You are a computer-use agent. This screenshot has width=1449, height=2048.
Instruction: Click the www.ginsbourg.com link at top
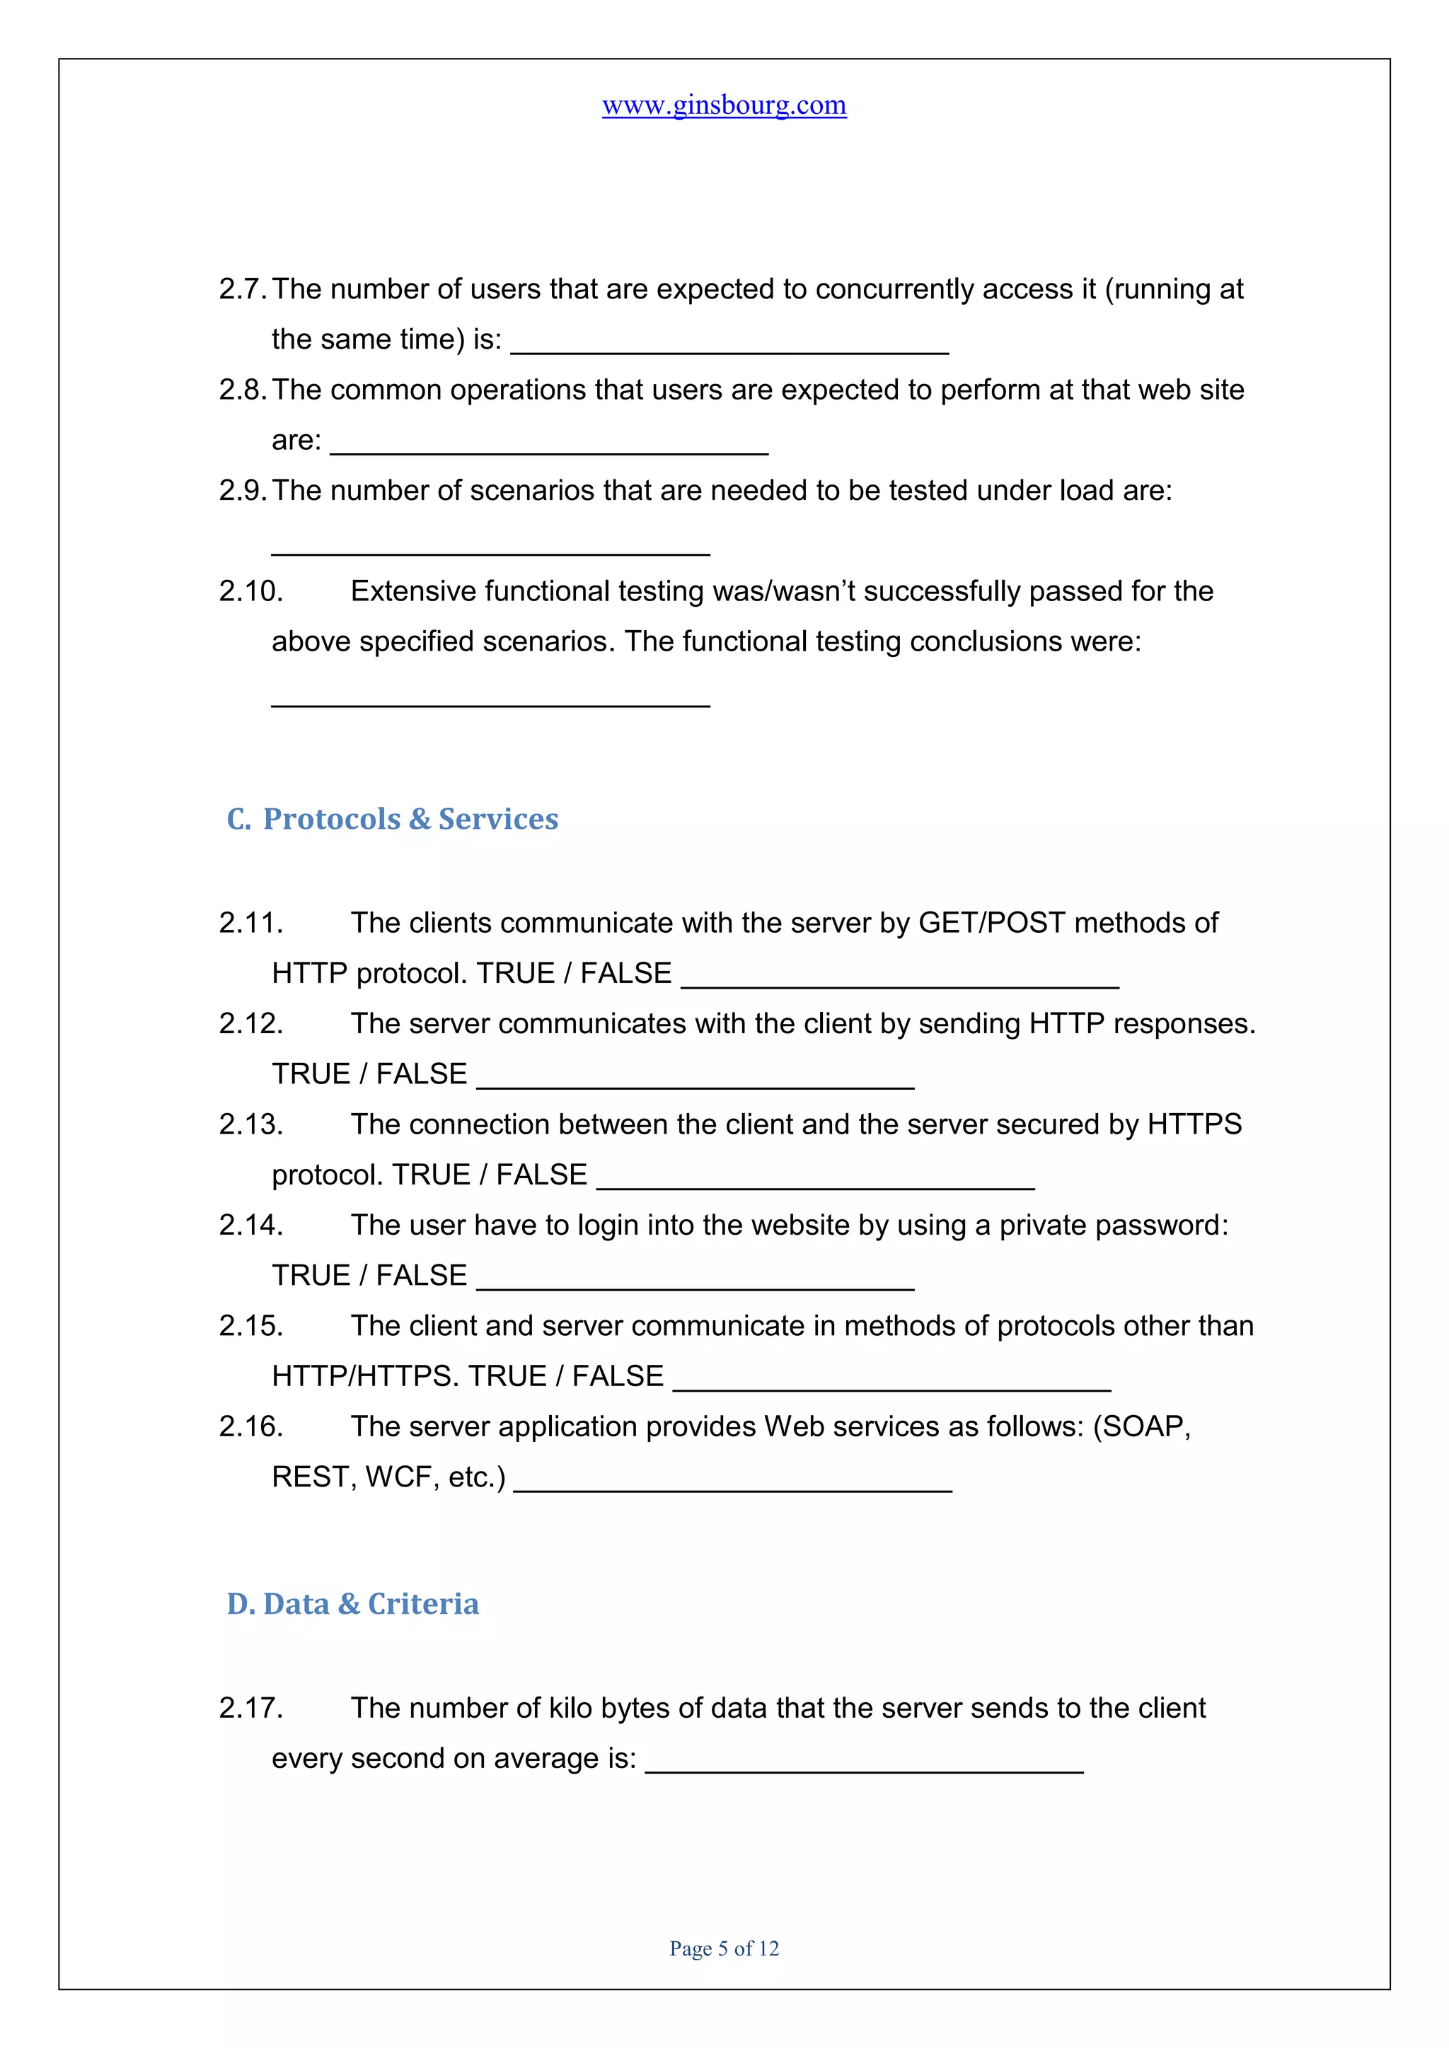(x=724, y=105)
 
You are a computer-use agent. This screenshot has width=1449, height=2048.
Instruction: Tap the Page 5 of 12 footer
(x=724, y=1948)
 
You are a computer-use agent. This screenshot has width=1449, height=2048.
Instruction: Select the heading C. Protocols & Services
(x=393, y=819)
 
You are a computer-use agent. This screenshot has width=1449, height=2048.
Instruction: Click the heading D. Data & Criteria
(x=352, y=1604)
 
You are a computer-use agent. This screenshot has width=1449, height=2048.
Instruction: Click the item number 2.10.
(x=250, y=591)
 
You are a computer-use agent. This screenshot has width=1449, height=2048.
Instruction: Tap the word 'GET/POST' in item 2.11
(x=991, y=922)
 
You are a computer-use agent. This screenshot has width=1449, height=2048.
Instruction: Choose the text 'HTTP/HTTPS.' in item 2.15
(x=365, y=1376)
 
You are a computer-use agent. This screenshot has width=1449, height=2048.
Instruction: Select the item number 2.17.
(x=250, y=1708)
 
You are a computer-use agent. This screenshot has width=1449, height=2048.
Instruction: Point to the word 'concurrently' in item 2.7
(x=894, y=289)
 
